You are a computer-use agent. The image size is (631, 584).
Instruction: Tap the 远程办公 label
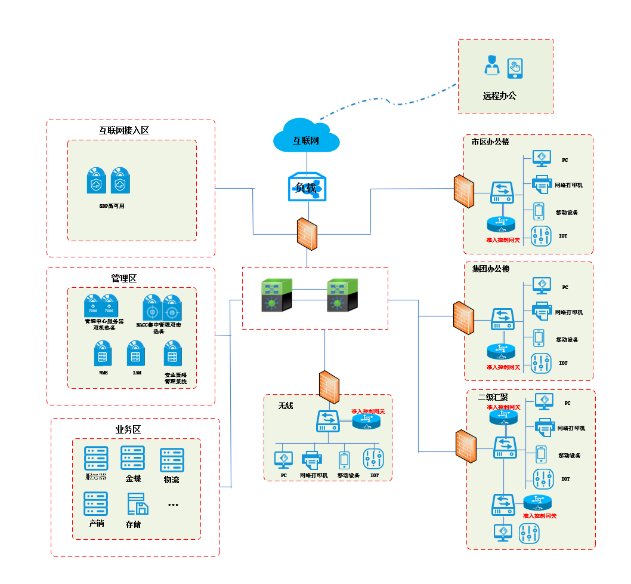(x=499, y=96)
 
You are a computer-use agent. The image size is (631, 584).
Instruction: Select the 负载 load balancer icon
(x=307, y=186)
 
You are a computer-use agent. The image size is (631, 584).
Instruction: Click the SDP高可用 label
(x=112, y=206)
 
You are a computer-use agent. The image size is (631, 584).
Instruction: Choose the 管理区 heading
(x=123, y=278)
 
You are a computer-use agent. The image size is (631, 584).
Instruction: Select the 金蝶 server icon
(x=132, y=457)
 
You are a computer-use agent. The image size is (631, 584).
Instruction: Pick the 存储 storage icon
(x=137, y=505)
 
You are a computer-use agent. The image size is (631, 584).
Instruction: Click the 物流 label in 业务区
(x=171, y=480)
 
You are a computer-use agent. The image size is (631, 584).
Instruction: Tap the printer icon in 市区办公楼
(x=542, y=185)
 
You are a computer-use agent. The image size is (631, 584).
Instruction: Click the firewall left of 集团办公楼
(x=463, y=318)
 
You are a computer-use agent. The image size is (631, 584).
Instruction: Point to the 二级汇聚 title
(x=493, y=397)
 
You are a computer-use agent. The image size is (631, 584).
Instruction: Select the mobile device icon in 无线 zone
(x=344, y=460)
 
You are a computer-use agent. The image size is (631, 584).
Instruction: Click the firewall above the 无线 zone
(x=329, y=387)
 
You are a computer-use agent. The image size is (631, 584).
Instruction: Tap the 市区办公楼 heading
(x=490, y=142)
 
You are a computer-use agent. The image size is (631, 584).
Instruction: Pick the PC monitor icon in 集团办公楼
(x=542, y=285)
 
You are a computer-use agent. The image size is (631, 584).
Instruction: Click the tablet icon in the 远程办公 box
(x=515, y=67)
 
